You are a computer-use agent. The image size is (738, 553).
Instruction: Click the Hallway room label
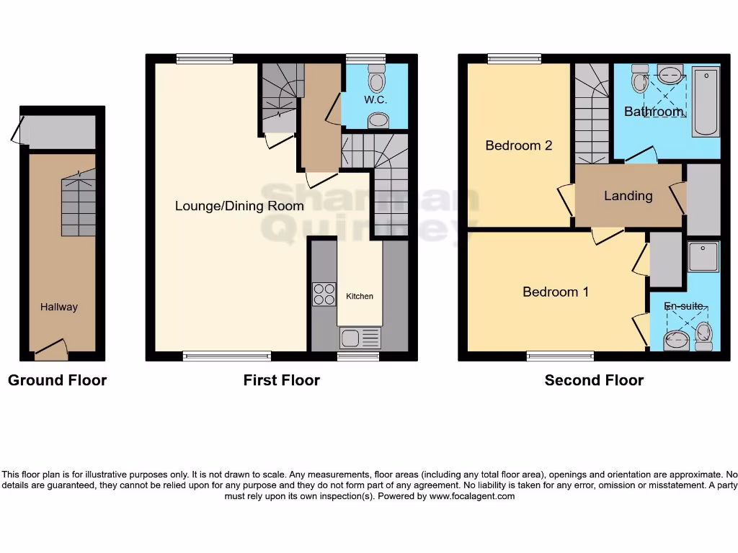58,307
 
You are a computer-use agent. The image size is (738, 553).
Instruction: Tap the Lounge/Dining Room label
239,206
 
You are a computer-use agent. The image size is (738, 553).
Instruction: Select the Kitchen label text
360,296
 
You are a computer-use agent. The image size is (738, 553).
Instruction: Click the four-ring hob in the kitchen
324,295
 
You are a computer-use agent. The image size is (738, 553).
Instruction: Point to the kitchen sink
360,338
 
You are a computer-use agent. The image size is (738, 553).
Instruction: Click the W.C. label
375,100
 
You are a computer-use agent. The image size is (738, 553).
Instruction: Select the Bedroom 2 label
518,145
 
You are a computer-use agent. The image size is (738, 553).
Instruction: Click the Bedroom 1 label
555,292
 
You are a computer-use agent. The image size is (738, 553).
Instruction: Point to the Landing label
628,196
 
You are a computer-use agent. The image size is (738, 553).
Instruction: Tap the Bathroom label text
653,112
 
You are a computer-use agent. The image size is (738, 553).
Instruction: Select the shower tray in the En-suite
703,257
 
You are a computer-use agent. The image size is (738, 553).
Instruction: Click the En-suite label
683,306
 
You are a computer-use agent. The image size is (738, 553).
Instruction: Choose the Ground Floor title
57,380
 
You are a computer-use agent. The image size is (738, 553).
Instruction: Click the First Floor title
281,380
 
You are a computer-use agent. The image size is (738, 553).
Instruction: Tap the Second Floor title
594,380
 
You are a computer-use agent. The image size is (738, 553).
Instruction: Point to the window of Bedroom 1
560,356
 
